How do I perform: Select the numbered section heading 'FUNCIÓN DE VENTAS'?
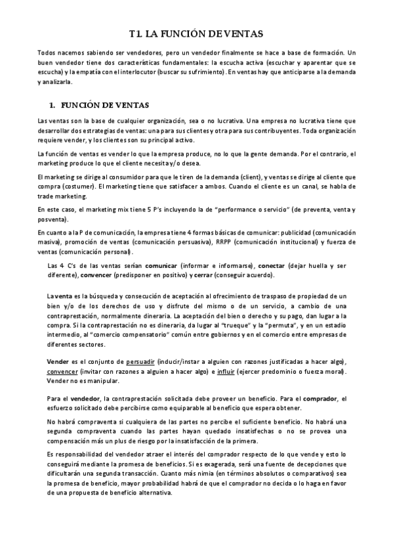tap(106, 104)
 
